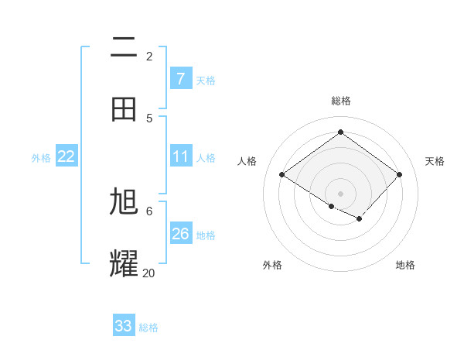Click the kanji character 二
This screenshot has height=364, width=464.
(124, 47)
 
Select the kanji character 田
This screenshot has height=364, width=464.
(124, 108)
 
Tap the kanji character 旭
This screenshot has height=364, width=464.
(124, 202)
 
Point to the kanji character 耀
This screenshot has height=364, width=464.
(124, 263)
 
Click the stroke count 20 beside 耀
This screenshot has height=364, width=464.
(148, 273)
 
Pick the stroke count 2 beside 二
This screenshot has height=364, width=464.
(149, 57)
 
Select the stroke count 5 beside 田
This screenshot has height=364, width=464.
(149, 118)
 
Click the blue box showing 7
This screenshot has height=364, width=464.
(180, 78)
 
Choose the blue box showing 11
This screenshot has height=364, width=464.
(180, 156)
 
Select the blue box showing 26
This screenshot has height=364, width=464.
(180, 234)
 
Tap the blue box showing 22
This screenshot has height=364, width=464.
(66, 156)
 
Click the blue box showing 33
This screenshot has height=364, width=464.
(123, 326)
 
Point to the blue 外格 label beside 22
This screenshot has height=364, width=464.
(41, 158)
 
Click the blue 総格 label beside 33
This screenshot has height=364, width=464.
(148, 328)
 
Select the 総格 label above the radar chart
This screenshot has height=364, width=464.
(341, 101)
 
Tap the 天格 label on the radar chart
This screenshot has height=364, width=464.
(435, 161)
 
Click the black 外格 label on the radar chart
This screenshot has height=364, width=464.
(272, 265)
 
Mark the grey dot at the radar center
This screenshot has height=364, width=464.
(340, 193)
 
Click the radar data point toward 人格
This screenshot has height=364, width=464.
(282, 175)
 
